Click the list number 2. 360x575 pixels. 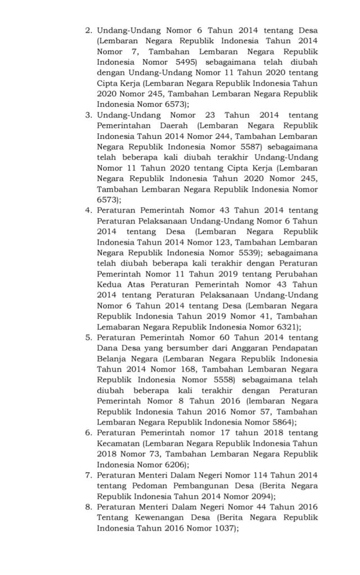(88, 29)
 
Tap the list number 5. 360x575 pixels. (88, 337)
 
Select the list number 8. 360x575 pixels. (88, 508)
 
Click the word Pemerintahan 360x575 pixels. (123, 125)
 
